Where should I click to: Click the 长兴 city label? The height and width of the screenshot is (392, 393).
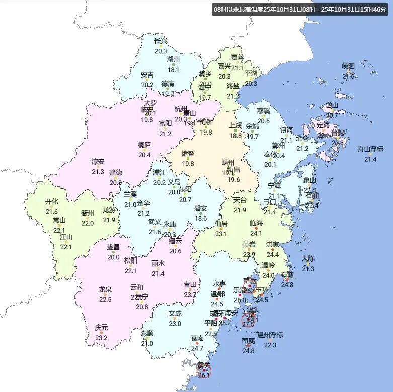(161, 41)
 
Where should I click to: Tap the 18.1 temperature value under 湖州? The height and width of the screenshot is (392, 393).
(173, 70)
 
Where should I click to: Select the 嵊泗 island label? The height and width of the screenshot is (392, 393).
(348, 66)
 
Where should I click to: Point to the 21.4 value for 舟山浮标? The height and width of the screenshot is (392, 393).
(370, 159)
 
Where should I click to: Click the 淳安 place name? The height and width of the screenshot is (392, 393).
(98, 162)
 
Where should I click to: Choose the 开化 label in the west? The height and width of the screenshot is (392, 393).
(52, 202)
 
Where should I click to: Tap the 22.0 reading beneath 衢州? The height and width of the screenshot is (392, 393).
(88, 223)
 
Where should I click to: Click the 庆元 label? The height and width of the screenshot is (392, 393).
(101, 328)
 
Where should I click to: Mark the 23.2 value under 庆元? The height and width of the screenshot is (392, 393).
(101, 338)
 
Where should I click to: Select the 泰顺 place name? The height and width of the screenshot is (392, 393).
(147, 333)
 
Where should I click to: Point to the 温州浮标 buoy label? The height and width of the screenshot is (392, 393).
(270, 335)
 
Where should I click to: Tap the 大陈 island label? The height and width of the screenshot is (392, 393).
(308, 258)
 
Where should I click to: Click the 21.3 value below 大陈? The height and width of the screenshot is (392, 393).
(308, 269)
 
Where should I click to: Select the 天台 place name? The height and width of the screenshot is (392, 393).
(240, 200)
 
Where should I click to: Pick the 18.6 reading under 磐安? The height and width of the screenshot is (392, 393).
(201, 218)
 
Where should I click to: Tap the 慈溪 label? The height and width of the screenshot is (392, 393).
(264, 111)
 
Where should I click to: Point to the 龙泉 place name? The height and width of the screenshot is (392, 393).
(105, 289)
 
